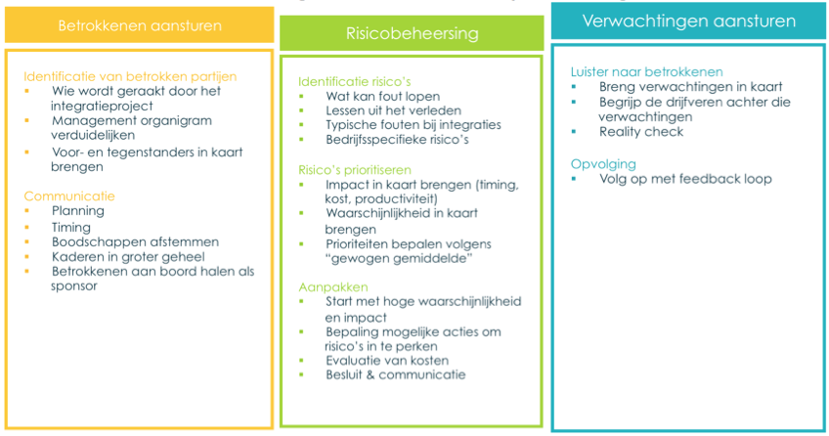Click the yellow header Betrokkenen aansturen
coord(140,25)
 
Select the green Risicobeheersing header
coord(412,33)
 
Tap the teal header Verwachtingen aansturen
coord(688,22)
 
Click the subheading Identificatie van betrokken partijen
coord(130,76)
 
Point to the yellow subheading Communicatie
coord(69,196)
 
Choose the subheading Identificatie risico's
coord(354,81)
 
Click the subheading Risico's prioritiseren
coord(355,170)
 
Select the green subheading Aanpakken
coord(333,287)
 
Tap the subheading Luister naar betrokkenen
coord(646,72)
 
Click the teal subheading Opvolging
coord(603,164)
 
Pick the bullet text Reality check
coord(641,132)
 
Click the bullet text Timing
coord(70,227)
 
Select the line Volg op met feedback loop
coord(685,179)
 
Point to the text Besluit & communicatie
coord(396,374)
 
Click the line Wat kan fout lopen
coord(383,96)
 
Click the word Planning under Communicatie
coord(78,211)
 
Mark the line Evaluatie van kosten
coord(387,361)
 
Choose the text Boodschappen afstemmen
coord(135,242)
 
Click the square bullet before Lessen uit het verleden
coord(301,110)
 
